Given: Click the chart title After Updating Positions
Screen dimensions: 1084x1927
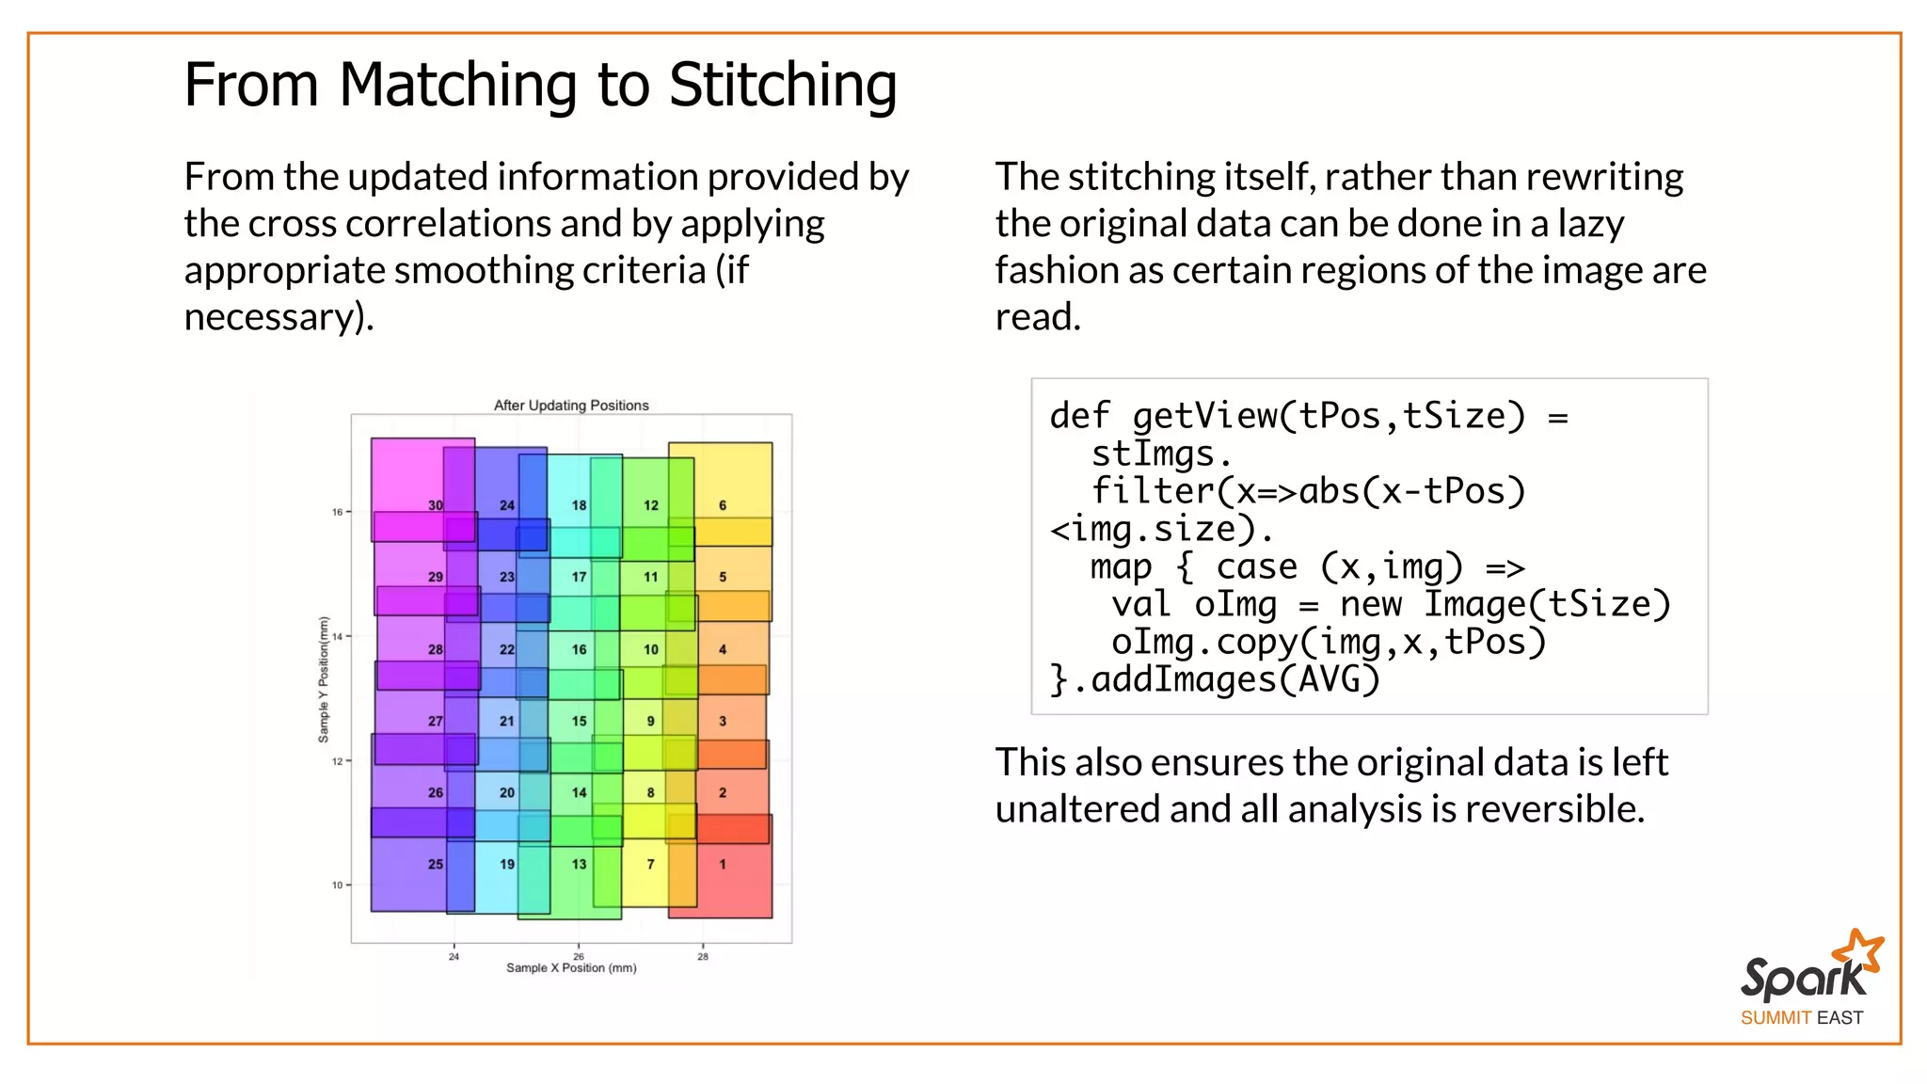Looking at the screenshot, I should click(571, 406).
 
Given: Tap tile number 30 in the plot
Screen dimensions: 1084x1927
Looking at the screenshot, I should click(436, 505).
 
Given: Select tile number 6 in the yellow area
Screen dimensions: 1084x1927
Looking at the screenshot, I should click(723, 505).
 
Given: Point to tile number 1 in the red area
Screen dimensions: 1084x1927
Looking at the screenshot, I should click(723, 864).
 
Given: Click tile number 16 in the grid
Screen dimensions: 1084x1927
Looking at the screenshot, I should click(579, 649).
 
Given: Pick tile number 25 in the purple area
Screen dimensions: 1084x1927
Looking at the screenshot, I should click(436, 864).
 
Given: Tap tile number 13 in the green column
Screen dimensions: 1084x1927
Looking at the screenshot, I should click(579, 864).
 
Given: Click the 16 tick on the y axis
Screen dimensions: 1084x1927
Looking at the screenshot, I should click(337, 512).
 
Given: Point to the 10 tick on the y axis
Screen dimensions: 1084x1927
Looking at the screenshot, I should click(337, 885).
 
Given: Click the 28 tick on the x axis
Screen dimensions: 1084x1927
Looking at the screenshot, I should click(703, 956).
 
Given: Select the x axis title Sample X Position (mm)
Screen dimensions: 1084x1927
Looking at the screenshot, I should click(571, 968).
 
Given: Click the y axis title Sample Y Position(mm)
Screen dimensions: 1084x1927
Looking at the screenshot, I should click(324, 679).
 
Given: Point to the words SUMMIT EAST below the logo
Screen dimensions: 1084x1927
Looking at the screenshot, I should click(1801, 1018).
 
